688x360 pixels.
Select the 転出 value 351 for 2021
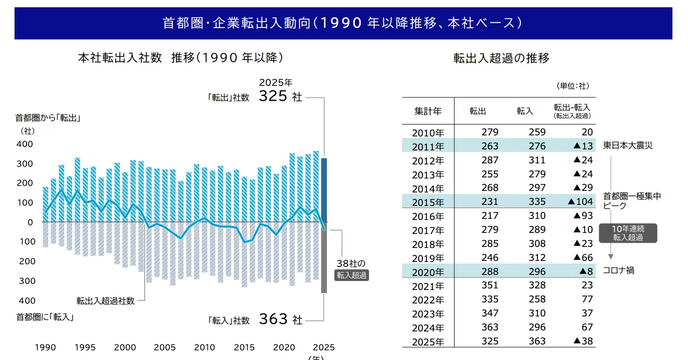click(x=490, y=285)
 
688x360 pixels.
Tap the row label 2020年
click(x=428, y=272)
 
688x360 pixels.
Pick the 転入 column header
click(x=525, y=110)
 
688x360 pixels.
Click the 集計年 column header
click(x=428, y=110)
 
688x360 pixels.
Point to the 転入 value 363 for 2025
click(x=538, y=341)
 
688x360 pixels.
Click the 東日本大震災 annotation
click(x=627, y=146)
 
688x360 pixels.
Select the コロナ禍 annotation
click(x=618, y=270)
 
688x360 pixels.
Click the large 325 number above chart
click(x=273, y=96)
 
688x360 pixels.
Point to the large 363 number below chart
click(x=273, y=319)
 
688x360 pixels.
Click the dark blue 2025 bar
click(x=324, y=190)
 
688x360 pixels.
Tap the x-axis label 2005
click(x=165, y=347)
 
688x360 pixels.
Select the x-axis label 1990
click(x=45, y=347)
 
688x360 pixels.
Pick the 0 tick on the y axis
click(x=30, y=222)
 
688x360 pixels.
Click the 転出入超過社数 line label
click(x=105, y=301)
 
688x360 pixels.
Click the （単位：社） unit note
click(x=573, y=86)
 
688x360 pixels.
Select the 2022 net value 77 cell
click(x=586, y=299)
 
